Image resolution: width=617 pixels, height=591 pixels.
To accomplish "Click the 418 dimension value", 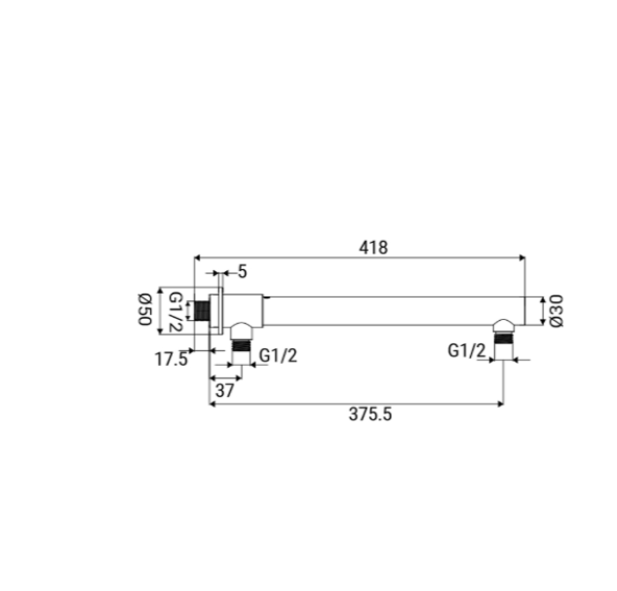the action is pos(373,248).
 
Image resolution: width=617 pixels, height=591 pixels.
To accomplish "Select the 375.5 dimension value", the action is pos(370,414).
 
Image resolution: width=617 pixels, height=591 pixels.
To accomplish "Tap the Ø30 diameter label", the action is pos(557,311).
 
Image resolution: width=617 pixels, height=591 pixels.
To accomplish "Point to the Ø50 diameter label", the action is pos(144,309).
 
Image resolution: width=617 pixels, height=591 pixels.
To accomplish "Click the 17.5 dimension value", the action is pos(172,359).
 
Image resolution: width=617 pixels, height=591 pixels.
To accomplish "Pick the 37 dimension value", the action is pos(225,391).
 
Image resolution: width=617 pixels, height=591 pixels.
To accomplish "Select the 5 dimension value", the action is pos(243,272).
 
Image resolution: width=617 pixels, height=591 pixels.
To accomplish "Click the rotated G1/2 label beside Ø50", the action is pos(175,312).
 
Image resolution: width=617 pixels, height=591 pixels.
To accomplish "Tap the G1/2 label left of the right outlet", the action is pos(467,350).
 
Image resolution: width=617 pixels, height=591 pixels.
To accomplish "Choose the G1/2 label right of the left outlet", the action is pos(278,356).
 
